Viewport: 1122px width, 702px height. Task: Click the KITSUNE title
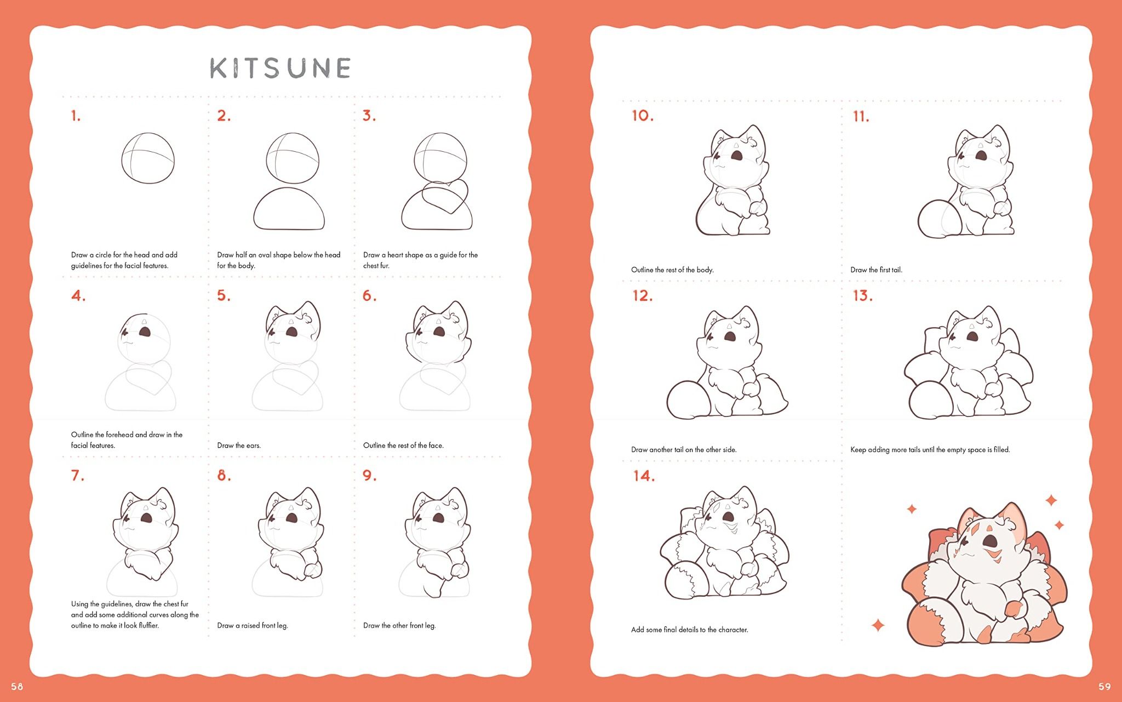click(x=280, y=68)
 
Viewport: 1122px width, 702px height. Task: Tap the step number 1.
click(x=76, y=116)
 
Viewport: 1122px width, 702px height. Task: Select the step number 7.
click(x=78, y=475)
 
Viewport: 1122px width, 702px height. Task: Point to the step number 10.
click(x=643, y=116)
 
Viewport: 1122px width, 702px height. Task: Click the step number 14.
click(x=644, y=476)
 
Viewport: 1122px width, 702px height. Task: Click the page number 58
click(x=17, y=687)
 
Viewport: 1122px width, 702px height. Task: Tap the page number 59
click(x=1104, y=687)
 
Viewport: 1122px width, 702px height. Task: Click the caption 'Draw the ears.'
click(x=239, y=446)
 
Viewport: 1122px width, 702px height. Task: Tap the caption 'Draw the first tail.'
click(x=876, y=270)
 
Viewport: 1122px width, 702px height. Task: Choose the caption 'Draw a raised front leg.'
click(x=253, y=625)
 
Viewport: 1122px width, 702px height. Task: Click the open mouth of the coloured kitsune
click(x=990, y=541)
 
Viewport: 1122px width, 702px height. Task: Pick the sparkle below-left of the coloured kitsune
click(x=878, y=625)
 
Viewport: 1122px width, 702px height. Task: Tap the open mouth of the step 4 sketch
click(x=145, y=332)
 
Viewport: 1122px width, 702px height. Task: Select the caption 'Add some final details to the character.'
click(x=690, y=630)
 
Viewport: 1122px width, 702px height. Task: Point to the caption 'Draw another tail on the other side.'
click(x=684, y=449)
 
